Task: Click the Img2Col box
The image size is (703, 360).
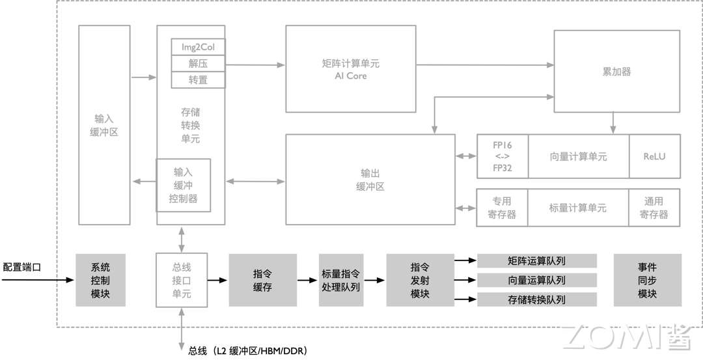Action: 198,47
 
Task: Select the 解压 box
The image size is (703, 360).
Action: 198,63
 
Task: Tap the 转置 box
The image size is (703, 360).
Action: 198,79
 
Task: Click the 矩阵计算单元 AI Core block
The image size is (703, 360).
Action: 351,69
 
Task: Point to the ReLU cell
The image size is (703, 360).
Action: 654,156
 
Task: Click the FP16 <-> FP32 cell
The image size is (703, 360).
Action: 502,156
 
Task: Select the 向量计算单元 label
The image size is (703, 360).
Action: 578,156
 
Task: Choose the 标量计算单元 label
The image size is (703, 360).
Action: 578,208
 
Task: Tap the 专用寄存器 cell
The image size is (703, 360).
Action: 502,208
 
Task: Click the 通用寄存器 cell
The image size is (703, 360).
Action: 654,208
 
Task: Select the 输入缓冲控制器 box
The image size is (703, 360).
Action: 184,185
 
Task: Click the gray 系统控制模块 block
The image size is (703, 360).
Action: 100,280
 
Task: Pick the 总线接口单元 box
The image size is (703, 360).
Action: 182,280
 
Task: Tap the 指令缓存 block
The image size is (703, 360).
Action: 262,280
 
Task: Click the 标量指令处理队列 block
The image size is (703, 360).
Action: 340,280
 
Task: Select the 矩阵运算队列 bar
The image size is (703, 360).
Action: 537,261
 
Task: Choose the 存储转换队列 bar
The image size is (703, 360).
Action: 537,299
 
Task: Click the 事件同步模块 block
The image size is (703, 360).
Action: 647,280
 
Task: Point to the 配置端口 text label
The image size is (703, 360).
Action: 21,267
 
